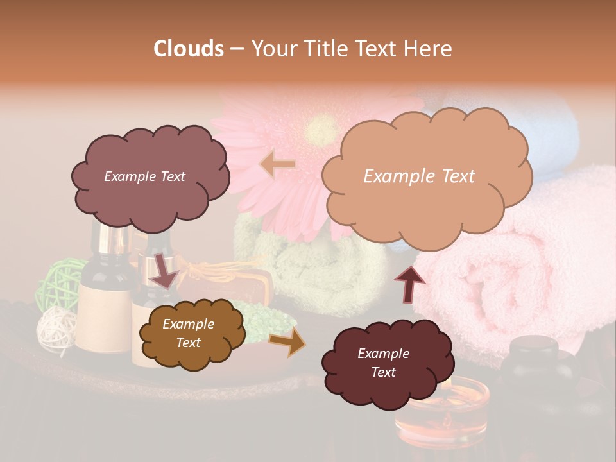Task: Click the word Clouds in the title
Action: tap(189, 49)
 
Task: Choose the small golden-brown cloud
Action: tap(191, 334)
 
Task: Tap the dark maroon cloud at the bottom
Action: tap(384, 363)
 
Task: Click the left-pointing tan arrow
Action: tap(277, 165)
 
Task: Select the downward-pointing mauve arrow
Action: tap(164, 269)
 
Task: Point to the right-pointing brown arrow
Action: tap(287, 341)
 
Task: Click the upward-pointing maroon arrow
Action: tap(409, 284)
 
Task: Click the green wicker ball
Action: tap(58, 282)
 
